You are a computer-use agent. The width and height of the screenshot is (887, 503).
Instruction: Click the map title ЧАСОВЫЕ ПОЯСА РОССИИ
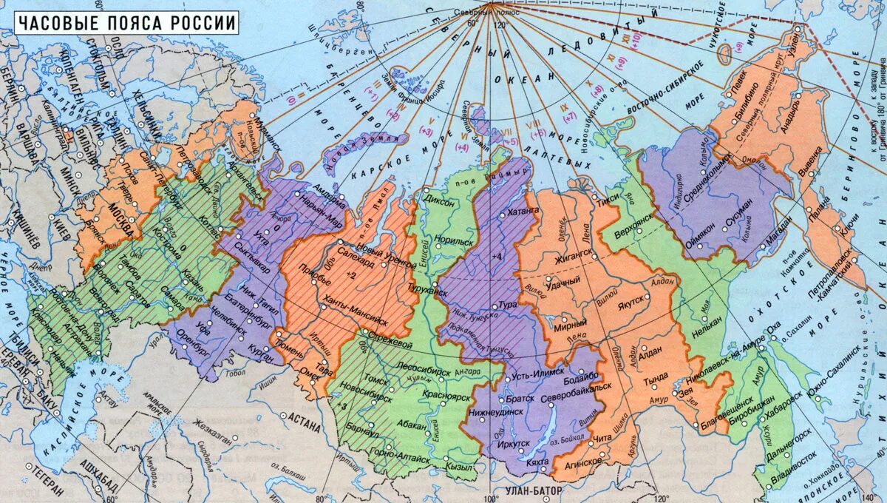pyautogui.click(x=127, y=23)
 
